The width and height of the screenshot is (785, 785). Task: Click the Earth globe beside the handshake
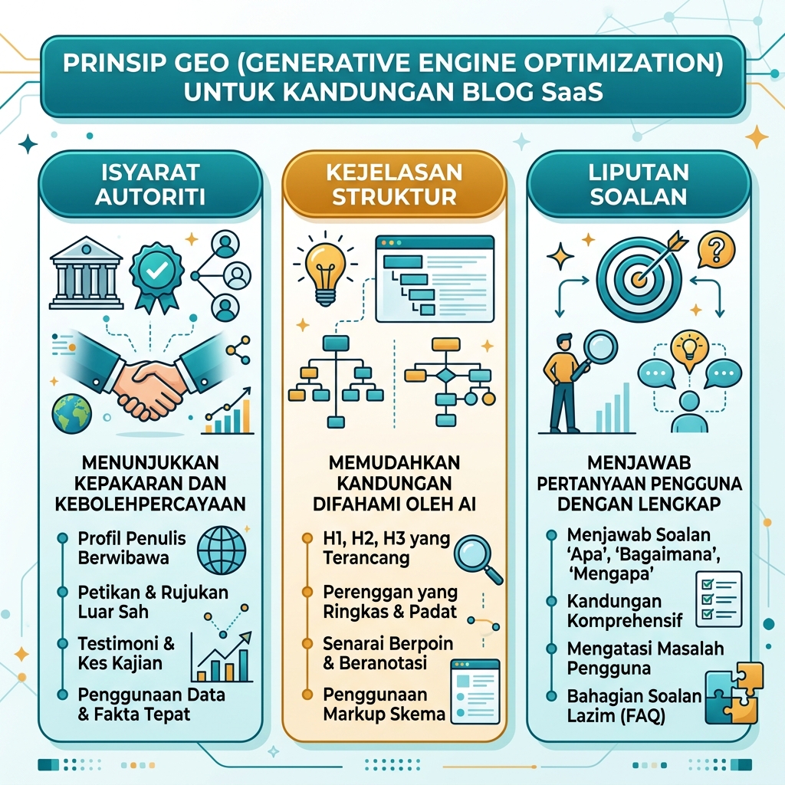point(72,413)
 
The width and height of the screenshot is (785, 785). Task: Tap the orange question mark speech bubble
point(716,249)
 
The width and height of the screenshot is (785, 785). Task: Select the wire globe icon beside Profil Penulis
point(222,550)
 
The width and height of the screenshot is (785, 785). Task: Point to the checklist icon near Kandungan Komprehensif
point(719,599)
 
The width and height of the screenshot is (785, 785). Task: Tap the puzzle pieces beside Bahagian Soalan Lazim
point(734,693)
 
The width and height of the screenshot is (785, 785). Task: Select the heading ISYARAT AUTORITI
point(150,184)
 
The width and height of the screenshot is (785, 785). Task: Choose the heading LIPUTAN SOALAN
point(639,184)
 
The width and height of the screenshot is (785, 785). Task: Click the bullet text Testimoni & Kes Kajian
point(126,653)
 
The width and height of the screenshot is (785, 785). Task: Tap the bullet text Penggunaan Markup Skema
point(384,704)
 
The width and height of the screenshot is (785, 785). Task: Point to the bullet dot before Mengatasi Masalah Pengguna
point(552,649)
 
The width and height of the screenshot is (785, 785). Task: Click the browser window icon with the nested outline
point(435,279)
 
